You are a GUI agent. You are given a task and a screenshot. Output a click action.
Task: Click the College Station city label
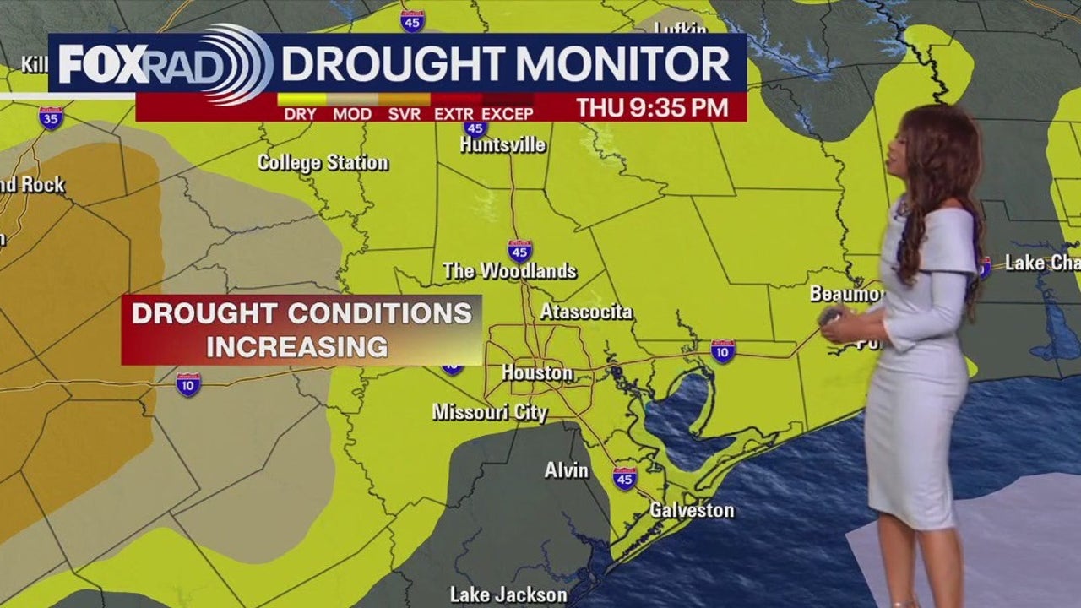coord(323,162)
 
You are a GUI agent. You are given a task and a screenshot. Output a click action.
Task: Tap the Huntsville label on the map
coord(502,144)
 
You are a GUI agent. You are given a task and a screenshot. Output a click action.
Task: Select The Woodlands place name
coord(509,271)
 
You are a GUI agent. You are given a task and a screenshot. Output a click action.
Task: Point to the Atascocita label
coord(586,312)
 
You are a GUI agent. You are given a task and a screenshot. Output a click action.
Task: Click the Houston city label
coord(537,372)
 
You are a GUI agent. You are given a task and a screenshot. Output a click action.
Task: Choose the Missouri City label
coord(490,412)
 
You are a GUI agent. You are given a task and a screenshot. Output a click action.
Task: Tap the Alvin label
coord(567,470)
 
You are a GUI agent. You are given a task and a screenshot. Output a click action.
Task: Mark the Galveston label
coord(692,510)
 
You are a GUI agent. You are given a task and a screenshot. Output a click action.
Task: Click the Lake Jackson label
coord(508,594)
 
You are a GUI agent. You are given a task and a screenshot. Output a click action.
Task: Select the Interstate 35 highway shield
coord(51,117)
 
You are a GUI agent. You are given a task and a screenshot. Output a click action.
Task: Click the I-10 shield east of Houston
coord(723,350)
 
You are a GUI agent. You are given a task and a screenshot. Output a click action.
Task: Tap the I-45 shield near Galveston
coord(625,478)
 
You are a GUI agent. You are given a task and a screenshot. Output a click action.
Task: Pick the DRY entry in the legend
coord(301,113)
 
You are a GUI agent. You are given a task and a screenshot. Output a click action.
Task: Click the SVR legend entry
coord(405,113)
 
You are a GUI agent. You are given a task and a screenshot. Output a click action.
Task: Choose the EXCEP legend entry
coord(508,113)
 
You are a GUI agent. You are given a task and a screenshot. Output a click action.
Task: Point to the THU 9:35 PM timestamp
coord(652,107)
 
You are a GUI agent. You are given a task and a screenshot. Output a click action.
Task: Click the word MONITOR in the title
coord(623,64)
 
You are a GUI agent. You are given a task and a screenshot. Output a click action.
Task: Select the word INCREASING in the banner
coord(297,346)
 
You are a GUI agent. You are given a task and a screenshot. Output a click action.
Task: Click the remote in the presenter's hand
coord(829,317)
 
